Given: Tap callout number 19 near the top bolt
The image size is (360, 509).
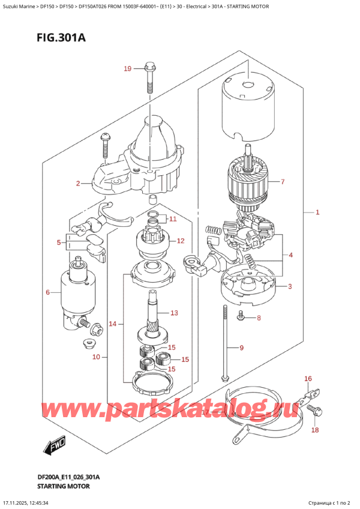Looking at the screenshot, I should (127, 70).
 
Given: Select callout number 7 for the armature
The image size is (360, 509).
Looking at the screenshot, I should (283, 181).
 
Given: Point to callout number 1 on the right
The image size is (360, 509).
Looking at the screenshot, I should (317, 212).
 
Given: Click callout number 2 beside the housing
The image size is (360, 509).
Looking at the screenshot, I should (78, 184).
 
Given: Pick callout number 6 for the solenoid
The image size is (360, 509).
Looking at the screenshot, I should (48, 292).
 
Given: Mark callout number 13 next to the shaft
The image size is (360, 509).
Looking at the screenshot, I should (175, 313).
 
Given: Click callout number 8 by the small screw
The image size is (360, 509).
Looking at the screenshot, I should (259, 318).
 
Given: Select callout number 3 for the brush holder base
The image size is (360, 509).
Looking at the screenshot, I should (290, 286).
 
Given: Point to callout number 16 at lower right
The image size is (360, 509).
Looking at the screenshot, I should (308, 379).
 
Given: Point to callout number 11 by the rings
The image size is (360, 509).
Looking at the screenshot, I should (173, 218).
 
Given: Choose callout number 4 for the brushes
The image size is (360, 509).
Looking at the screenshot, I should (290, 255).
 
